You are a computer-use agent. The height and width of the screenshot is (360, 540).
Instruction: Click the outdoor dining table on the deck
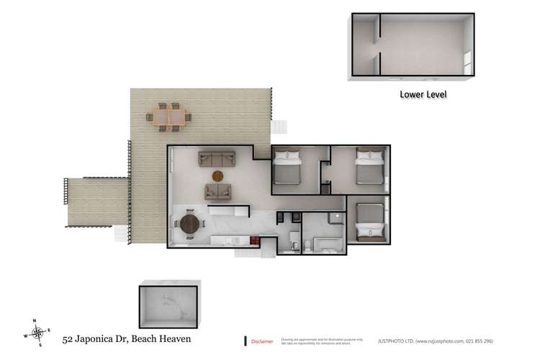pyautogui.click(x=169, y=117)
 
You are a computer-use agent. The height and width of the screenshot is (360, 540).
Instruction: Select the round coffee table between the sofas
pyautogui.click(x=218, y=175)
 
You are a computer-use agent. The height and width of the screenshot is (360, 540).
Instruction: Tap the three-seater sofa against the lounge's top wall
pyautogui.click(x=217, y=158)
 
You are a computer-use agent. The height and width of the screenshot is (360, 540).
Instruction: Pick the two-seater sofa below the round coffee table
pyautogui.click(x=218, y=192)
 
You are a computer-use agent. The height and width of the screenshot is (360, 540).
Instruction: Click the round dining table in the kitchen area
pyautogui.click(x=190, y=224)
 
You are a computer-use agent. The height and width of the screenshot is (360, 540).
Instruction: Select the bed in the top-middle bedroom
pyautogui.click(x=287, y=169)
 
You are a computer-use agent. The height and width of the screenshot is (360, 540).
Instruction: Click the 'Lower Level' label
pyautogui.click(x=424, y=94)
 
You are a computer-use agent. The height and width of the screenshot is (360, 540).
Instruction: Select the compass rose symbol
pyautogui.click(x=38, y=333)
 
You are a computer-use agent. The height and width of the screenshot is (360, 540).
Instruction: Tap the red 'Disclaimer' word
pyautogui.click(x=261, y=341)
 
